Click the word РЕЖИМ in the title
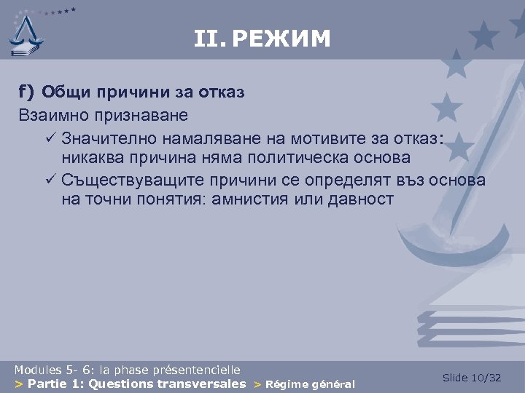click(x=281, y=38)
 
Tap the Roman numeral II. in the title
click(x=210, y=38)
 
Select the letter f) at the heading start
click(x=26, y=92)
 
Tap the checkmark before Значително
click(x=50, y=137)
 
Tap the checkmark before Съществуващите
click(x=50, y=179)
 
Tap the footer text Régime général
click(x=310, y=384)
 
